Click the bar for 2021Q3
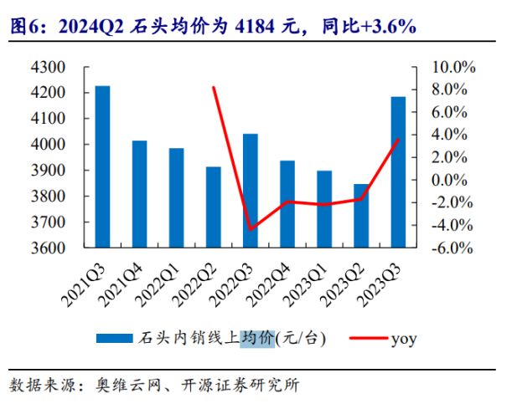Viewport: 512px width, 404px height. point(102,167)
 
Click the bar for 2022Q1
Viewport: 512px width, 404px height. point(176,198)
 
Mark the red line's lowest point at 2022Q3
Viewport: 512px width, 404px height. point(250,228)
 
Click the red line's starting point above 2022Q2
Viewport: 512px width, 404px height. point(214,87)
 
